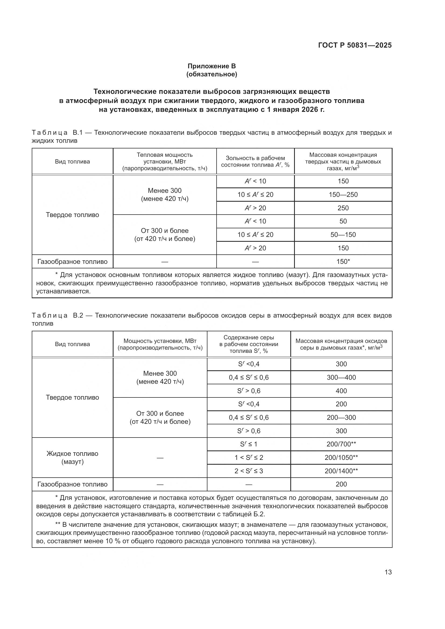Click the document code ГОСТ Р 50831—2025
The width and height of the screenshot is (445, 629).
tap(355, 45)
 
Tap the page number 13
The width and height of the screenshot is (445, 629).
tap(388, 572)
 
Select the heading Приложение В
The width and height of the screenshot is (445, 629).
tap(211, 66)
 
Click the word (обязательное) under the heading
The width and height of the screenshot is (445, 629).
tap(211, 74)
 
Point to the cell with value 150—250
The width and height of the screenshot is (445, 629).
tap(343, 194)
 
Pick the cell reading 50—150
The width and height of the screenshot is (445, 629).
tap(343, 234)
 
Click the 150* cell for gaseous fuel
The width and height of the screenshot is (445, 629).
tap(343, 261)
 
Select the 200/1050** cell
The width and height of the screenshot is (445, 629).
tap(341, 457)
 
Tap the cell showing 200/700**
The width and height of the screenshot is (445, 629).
tap(341, 444)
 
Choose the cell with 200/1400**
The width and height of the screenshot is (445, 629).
tap(341, 471)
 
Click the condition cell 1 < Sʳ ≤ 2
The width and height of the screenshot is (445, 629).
tap(249, 457)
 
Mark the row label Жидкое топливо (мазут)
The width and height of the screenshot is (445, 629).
tap(72, 457)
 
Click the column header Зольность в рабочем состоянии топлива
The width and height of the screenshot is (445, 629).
tap(255, 161)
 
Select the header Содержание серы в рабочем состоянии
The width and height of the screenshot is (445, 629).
tap(249, 344)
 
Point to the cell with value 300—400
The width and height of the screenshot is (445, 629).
tap(341, 377)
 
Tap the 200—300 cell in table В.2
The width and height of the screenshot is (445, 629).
tap(341, 418)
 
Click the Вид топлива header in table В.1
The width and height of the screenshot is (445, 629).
tap(72, 161)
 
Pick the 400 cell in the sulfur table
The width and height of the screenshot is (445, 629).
tap(341, 391)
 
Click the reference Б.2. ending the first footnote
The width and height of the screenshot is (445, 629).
tap(259, 514)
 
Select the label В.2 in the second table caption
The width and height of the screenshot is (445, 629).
tap(78, 315)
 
